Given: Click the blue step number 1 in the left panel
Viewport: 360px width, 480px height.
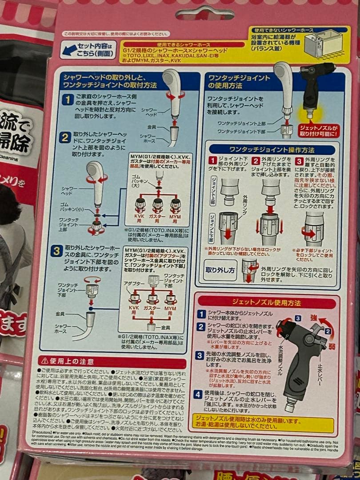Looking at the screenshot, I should click(67, 99).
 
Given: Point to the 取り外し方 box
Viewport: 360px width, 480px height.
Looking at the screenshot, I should click(219, 270).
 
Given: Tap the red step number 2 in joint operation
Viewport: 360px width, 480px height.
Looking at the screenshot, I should click(256, 160).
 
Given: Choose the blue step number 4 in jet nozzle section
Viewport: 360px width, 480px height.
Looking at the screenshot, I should click(201, 394).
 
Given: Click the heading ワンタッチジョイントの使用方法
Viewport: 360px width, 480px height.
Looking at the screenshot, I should click(240, 81).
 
